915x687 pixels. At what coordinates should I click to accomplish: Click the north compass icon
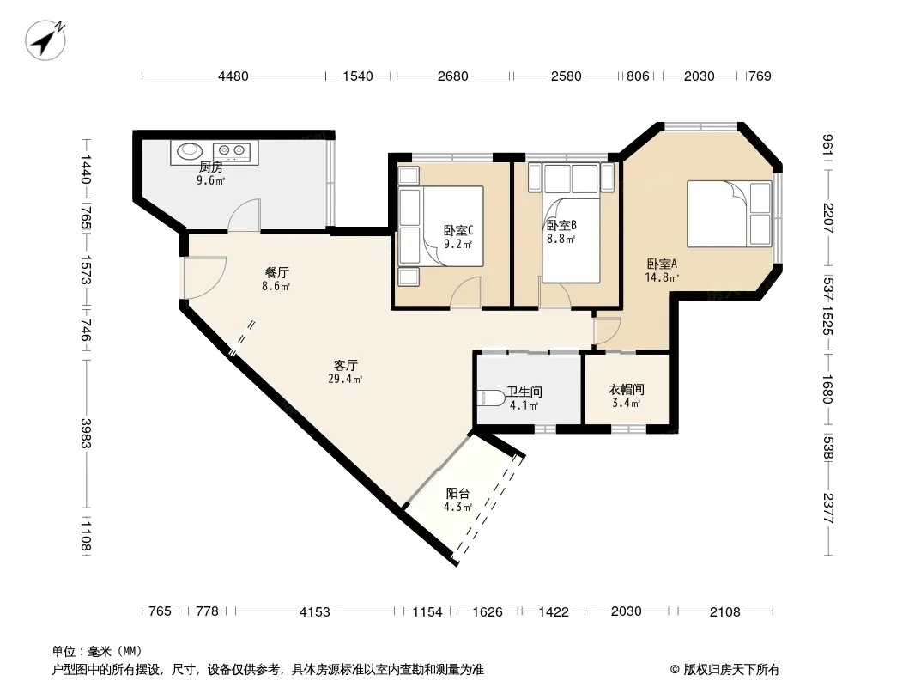click(45, 40)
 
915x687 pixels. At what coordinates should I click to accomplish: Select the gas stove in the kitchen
click(232, 150)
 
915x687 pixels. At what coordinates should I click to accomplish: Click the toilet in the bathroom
click(491, 398)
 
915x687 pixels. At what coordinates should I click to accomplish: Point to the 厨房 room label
click(210, 167)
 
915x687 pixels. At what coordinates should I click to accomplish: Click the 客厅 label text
click(345, 365)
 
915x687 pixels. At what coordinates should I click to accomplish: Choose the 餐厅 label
click(276, 272)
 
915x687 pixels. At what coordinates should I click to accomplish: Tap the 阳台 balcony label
click(457, 493)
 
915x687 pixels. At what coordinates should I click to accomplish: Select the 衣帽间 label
click(626, 389)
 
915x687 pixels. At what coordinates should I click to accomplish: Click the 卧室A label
click(662, 264)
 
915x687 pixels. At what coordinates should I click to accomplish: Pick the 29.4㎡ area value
click(345, 380)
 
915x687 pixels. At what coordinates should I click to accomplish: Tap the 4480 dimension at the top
click(233, 76)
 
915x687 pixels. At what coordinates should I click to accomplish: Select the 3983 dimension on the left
click(85, 433)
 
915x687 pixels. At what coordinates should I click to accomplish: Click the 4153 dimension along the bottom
click(314, 611)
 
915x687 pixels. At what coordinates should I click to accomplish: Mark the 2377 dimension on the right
click(828, 508)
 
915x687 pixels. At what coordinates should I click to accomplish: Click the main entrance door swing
click(203, 278)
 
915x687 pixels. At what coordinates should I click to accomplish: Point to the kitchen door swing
click(243, 215)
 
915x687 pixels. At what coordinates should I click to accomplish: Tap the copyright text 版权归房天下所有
click(731, 670)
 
